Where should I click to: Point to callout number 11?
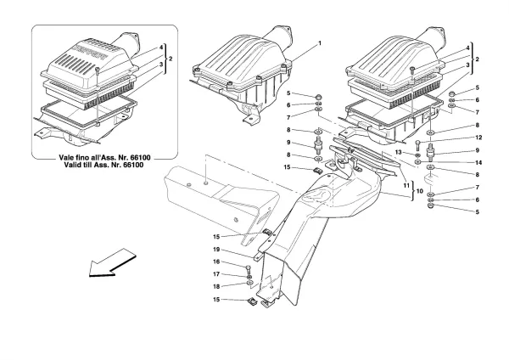tap(406, 183)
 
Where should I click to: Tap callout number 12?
tap(454, 138)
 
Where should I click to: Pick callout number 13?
tap(410, 152)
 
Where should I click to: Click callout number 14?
tap(454, 162)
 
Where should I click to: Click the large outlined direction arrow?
tap(111, 262)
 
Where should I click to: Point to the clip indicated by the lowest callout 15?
tap(253, 300)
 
